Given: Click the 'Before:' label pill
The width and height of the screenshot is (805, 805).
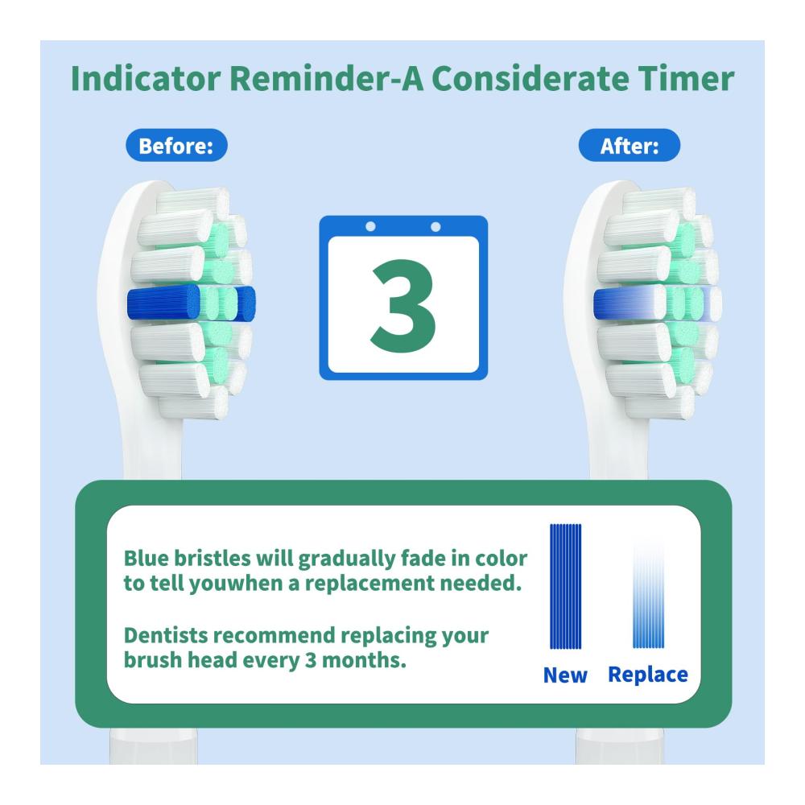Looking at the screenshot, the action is tap(176, 145).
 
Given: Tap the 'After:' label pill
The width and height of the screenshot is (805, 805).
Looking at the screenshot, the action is tap(629, 145).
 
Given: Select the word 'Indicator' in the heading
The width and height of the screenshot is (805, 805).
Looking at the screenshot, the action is tap(146, 79).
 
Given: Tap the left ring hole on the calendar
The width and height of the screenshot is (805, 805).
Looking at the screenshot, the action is tap(370, 226).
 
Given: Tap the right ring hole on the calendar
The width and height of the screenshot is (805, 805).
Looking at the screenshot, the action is tap(436, 226).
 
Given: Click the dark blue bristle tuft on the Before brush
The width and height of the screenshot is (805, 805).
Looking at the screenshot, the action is tap(163, 303).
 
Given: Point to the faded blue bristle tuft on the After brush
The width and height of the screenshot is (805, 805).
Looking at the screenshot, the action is tap(630, 303).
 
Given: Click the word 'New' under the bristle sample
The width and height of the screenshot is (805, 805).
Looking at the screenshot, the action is tap(565, 675).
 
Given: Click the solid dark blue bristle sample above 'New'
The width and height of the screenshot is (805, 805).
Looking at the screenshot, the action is tap(566, 586).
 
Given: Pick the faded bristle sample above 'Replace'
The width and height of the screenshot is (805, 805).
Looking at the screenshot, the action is tap(648, 595).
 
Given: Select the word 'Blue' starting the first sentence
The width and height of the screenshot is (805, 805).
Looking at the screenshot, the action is tap(146, 558).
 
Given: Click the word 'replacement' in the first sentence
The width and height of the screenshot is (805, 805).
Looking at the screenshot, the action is tap(369, 583).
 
